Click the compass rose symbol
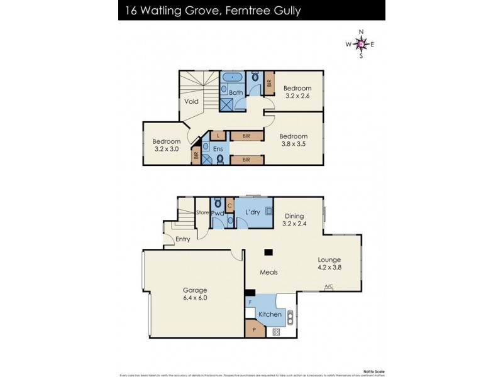click(361, 43)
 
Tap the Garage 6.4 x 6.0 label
click(195, 294)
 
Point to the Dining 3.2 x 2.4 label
click(294, 219)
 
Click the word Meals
click(269, 272)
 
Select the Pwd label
click(218, 214)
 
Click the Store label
click(202, 213)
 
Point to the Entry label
click(183, 239)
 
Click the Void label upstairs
click(192, 101)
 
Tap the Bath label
click(236, 93)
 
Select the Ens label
click(218, 149)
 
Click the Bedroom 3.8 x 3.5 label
click(294, 141)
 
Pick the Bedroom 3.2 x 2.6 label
click(297, 92)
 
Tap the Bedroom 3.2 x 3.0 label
click(167, 145)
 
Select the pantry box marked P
click(255, 329)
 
